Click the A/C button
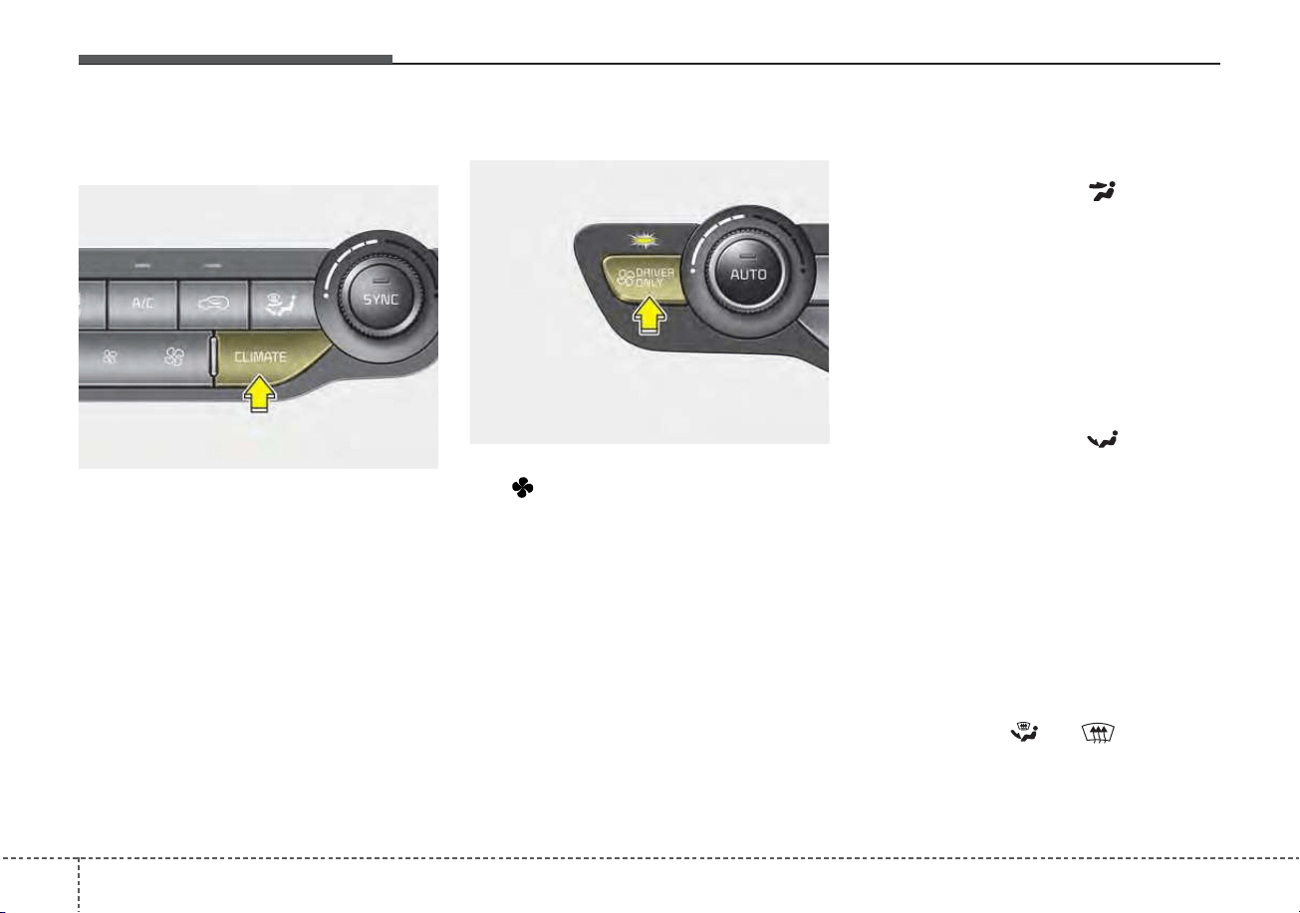[142, 304]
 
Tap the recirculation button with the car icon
[213, 304]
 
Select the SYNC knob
[381, 298]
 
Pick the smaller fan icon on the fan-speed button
[110, 356]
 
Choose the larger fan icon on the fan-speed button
[174, 356]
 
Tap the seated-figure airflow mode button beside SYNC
[282, 305]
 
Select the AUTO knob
[747, 273]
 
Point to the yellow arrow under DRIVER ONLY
[649, 315]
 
